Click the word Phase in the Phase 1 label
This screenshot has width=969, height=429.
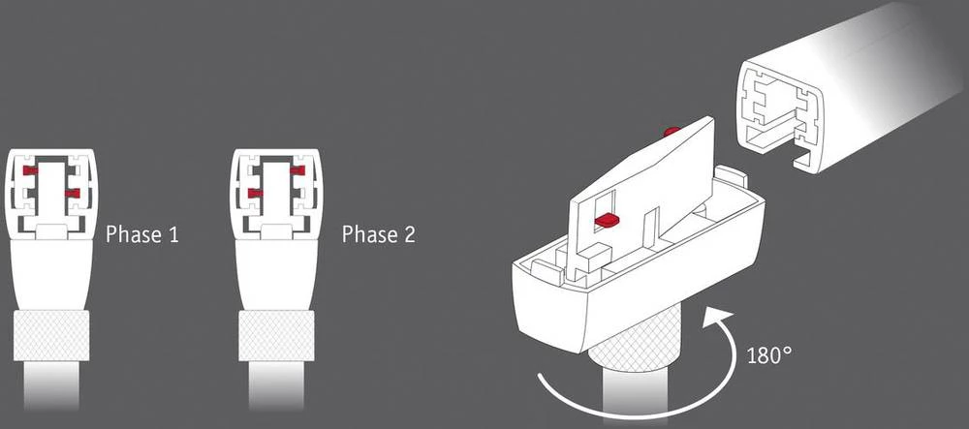pyautogui.click(x=134, y=234)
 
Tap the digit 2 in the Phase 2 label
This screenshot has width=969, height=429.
pyautogui.click(x=409, y=234)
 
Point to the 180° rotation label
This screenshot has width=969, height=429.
pyautogui.click(x=770, y=354)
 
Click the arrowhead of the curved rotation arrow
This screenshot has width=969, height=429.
pyautogui.click(x=714, y=317)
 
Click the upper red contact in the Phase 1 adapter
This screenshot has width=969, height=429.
pyautogui.click(x=32, y=170)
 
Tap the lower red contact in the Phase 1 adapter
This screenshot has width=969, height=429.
pyautogui.click(x=70, y=194)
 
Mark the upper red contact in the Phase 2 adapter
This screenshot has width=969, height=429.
pyautogui.click(x=296, y=170)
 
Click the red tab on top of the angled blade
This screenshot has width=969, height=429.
pyautogui.click(x=671, y=130)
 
